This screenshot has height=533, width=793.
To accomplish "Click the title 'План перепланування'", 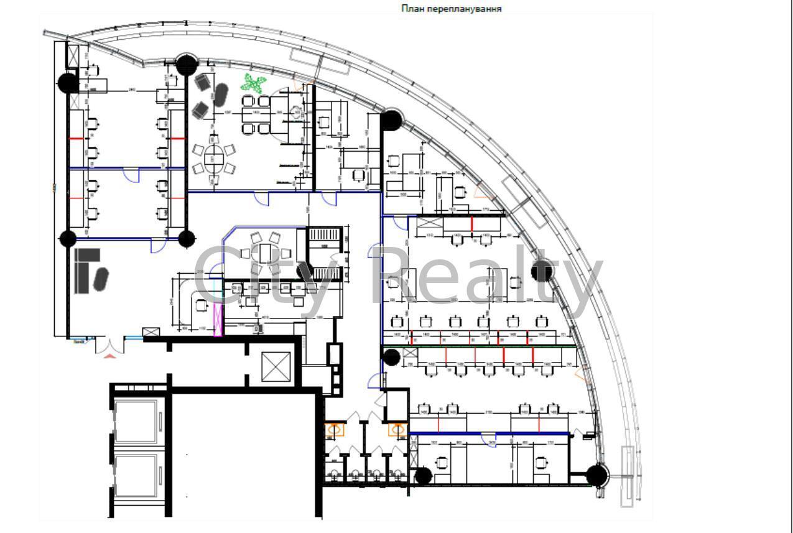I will tap(450, 9).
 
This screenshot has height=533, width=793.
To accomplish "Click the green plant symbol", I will tap(253, 82).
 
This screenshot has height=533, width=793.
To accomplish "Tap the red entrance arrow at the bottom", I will tap(109, 356).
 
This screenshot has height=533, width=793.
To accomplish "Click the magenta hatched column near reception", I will tap(218, 320).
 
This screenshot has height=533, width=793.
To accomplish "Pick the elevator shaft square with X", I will tap(276, 367).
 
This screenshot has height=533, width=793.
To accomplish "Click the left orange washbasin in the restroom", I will tap(335, 430).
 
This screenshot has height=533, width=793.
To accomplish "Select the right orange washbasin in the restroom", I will tap(396, 430).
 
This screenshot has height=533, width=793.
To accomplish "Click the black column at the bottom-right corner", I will tap(596, 476).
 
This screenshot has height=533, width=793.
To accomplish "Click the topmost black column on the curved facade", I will tap(186, 63).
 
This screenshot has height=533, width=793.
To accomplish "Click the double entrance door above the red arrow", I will tap(109, 343).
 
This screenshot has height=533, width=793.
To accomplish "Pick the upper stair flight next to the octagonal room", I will tap(323, 234).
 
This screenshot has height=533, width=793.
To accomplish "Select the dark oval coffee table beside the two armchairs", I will tap(221, 96).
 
